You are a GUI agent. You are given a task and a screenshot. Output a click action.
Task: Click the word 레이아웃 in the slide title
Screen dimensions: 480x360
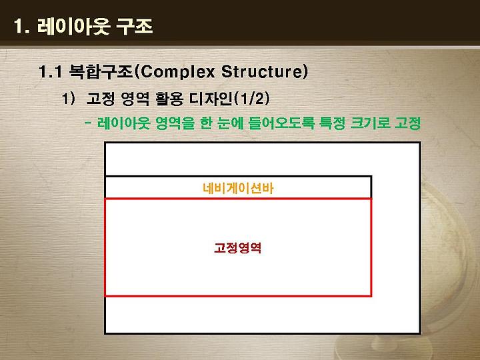pos(73,26)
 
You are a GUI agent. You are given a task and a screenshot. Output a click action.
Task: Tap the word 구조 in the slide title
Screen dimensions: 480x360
pos(135,26)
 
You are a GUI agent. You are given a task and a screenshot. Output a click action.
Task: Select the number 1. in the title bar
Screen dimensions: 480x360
pos(22,26)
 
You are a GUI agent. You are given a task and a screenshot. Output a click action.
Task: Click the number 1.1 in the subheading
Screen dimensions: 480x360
pos(50,72)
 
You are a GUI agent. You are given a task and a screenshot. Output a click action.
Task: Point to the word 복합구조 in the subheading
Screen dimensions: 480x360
pos(101,71)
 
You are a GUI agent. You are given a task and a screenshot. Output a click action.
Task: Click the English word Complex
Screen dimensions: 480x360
pos(177,72)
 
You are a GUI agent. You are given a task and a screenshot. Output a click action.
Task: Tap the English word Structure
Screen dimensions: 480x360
pos(262,72)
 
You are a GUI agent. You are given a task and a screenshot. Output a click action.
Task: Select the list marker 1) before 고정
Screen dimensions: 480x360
pos(68,99)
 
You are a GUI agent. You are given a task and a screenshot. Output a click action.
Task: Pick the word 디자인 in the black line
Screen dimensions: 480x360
pos(211,99)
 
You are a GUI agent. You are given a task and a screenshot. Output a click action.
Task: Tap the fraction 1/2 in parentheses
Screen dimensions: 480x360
pos(252,99)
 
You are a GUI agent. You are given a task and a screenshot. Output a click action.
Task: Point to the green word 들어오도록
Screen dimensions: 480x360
pos(281,123)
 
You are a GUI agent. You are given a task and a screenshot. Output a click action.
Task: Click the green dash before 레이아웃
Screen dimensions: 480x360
pos(88,123)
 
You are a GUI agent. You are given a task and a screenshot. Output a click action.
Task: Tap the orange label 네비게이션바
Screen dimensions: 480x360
pos(238,188)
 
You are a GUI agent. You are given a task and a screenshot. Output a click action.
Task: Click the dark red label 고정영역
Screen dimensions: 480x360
pos(237,247)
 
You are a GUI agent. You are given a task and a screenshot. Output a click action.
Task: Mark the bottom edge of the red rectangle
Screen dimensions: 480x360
pos(238,296)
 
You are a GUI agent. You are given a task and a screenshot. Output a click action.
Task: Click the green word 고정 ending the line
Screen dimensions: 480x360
pos(407,123)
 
